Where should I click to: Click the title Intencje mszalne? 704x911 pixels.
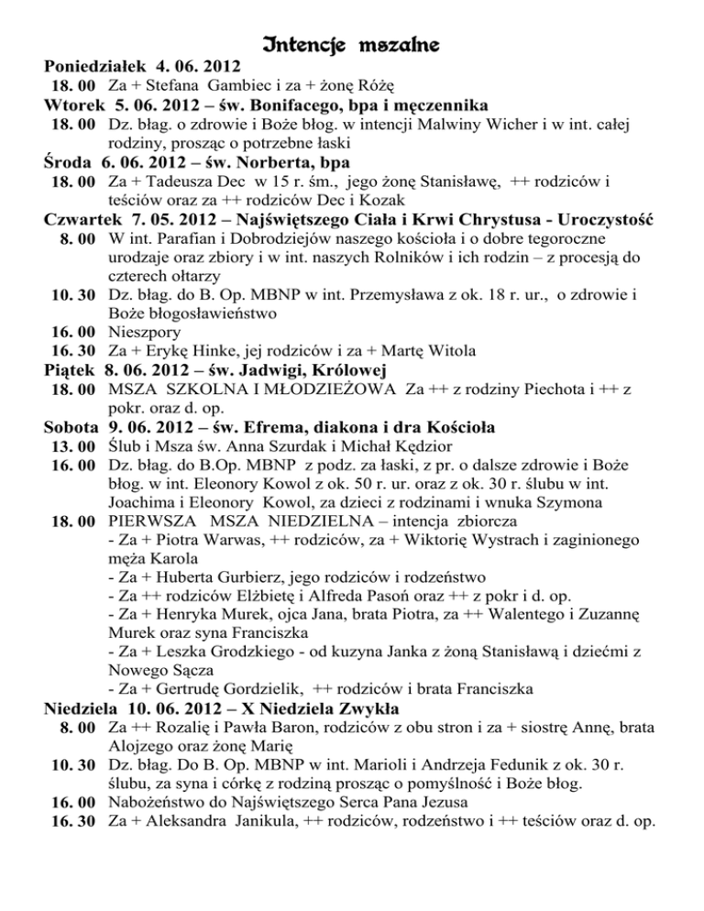352,43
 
